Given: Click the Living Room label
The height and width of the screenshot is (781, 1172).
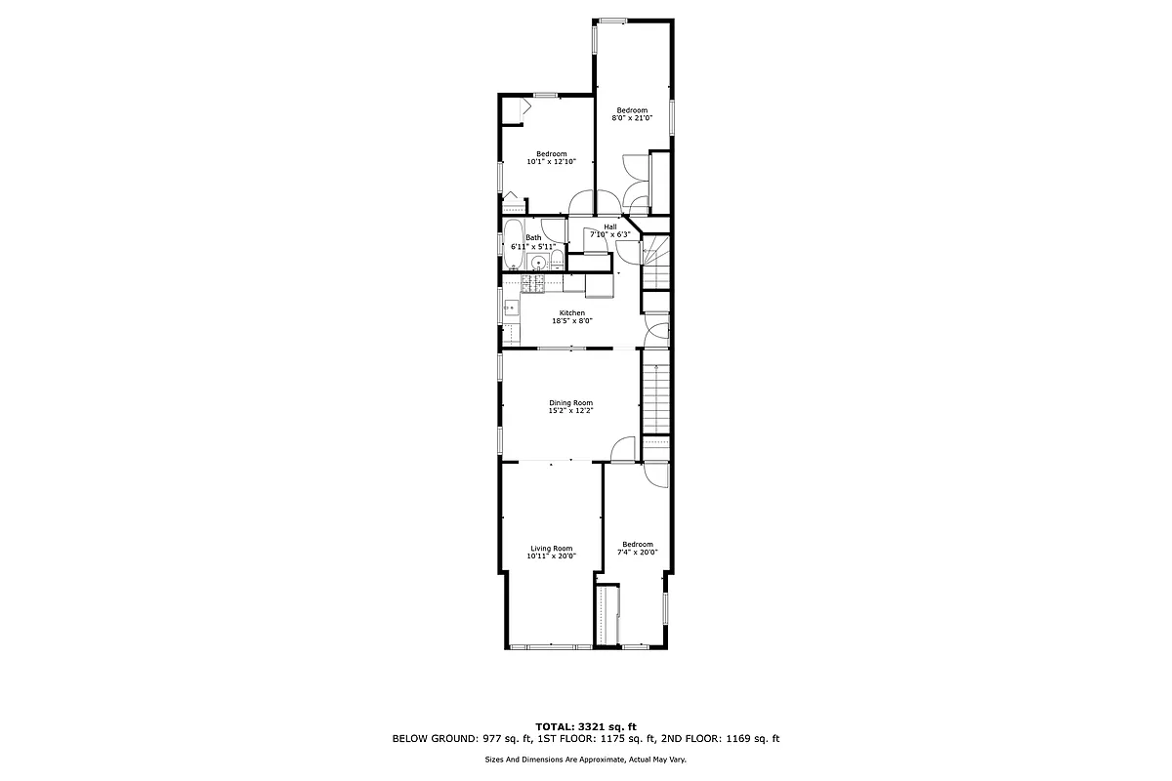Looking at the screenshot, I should [551, 548].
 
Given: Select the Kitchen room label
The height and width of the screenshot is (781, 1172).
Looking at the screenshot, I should [571, 312].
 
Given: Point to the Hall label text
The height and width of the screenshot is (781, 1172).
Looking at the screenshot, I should [609, 226].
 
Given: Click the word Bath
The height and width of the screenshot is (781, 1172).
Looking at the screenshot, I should [533, 237].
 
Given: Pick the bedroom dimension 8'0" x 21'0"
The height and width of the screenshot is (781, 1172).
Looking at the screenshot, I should [631, 118].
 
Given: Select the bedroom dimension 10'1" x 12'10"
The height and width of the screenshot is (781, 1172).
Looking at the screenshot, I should [551, 162].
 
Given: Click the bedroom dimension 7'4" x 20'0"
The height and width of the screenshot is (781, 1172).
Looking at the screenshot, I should [637, 553].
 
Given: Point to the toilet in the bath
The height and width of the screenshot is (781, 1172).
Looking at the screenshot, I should [556, 260].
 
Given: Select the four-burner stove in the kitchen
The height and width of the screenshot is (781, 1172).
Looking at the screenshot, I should [534, 284].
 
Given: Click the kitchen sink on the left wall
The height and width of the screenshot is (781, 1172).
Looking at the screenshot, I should [510, 308].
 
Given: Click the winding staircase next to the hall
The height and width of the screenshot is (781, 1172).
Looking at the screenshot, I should [655, 262].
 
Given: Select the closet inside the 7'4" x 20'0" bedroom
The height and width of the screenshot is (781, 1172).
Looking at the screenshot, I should [608, 615].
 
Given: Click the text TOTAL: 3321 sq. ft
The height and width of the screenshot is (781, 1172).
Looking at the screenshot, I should [585, 726].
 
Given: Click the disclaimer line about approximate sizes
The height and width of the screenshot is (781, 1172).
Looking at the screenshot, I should [585, 759].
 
